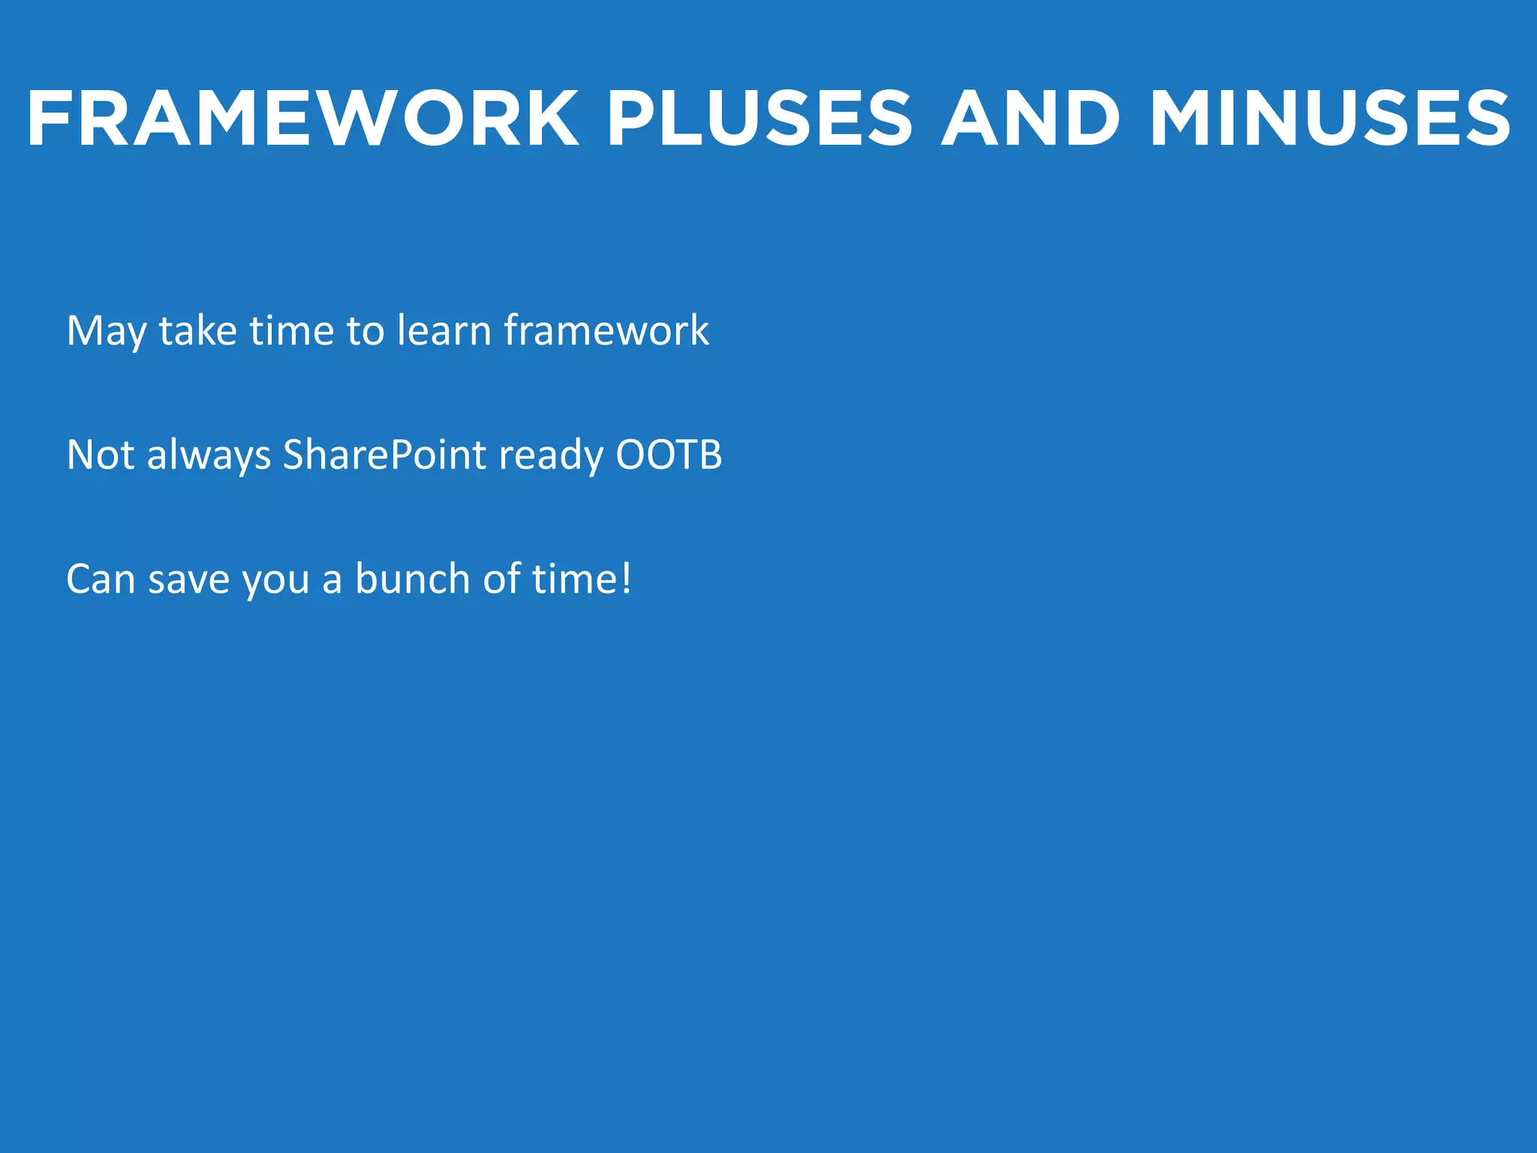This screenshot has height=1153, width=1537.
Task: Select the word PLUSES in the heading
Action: [759, 119]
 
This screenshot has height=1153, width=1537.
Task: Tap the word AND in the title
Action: [1030, 119]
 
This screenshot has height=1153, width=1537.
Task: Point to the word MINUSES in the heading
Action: [1330, 119]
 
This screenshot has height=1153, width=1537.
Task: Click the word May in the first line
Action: [106, 332]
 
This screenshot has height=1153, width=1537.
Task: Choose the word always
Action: [209, 456]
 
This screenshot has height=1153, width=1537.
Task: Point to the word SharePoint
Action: [384, 455]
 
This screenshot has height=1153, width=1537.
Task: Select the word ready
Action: [551, 456]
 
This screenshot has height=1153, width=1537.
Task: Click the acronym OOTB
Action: [669, 455]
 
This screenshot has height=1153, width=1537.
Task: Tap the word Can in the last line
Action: [100, 580]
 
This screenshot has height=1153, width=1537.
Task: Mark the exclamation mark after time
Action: [627, 579]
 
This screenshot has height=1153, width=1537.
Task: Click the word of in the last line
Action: [501, 579]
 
